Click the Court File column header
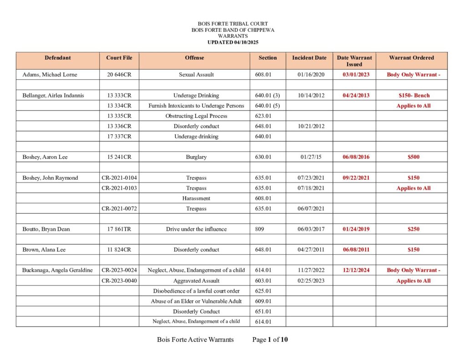[119, 58]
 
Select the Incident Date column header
[309, 58]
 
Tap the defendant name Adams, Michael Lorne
[50, 75]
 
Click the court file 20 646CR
[119, 75]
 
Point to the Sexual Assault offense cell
[196, 75]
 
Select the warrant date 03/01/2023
[356, 75]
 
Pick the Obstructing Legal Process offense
[196, 116]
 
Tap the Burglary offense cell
[196, 157]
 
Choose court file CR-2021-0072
[119, 208]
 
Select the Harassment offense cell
[196, 198]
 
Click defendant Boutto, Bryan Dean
[46, 229]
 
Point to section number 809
[260, 229]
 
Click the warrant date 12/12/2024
[356, 270]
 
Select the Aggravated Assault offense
[196, 281]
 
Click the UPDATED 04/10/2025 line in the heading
[233, 42]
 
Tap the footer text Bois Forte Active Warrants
[195, 340]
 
